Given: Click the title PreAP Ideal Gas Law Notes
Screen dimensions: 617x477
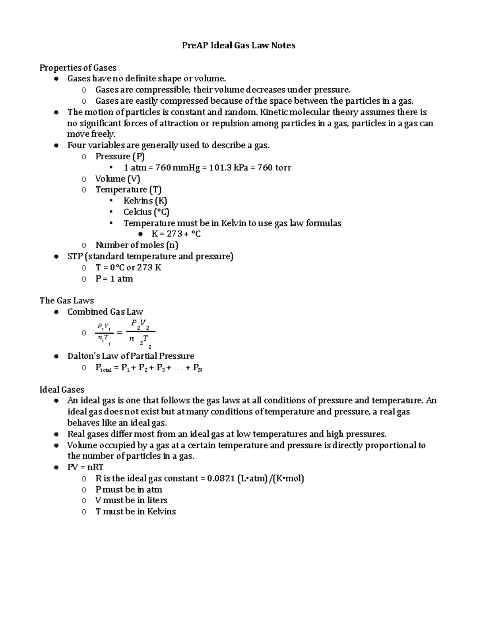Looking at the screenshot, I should click(x=238, y=45).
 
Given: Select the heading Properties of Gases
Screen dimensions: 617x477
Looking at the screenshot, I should click(x=78, y=68).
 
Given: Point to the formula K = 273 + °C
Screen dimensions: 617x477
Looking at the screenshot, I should click(x=176, y=234).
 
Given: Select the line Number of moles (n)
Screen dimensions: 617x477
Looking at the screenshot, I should click(x=137, y=245).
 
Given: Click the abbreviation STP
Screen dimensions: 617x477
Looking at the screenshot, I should click(x=74, y=256).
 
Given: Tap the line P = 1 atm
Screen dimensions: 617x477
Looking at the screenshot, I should click(x=114, y=279).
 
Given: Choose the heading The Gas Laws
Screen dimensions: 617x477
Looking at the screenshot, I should click(x=67, y=300).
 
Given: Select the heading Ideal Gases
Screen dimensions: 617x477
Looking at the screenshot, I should click(x=62, y=389).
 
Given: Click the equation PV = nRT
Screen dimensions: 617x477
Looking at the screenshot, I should click(x=85, y=467).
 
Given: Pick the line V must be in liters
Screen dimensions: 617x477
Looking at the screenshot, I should click(x=131, y=500).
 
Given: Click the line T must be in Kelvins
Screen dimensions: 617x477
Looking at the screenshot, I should click(x=136, y=511).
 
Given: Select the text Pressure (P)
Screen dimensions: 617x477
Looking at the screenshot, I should click(x=118, y=157).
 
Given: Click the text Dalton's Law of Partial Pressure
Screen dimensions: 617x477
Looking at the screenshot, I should click(x=131, y=356).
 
